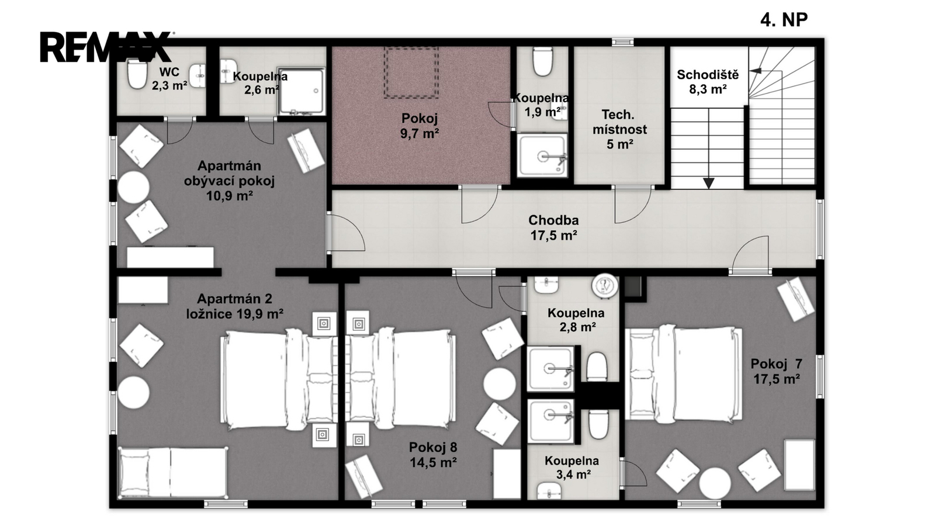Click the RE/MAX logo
[x=106, y=47]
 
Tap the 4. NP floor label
[x=784, y=20]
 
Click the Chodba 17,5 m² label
[x=553, y=227]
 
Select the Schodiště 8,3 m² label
[x=708, y=81]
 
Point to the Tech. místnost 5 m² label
[x=620, y=129]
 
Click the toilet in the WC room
[x=137, y=74]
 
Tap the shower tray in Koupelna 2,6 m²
[x=301, y=91]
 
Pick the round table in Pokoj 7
[x=715, y=483]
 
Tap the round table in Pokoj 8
[x=499, y=384]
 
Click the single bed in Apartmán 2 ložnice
[x=173, y=473]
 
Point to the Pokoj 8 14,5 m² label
[x=433, y=455]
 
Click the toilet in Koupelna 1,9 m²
[x=543, y=61]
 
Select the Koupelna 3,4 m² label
[x=572, y=467]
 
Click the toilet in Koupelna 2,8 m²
[x=597, y=366]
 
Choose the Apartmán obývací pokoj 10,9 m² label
[x=229, y=181]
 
